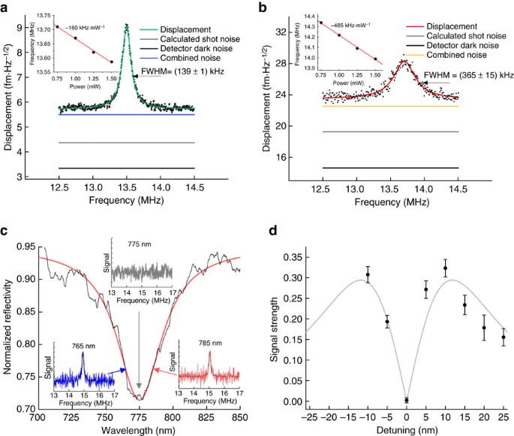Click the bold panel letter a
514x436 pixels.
[5, 7]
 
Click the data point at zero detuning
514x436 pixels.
[406, 400]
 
